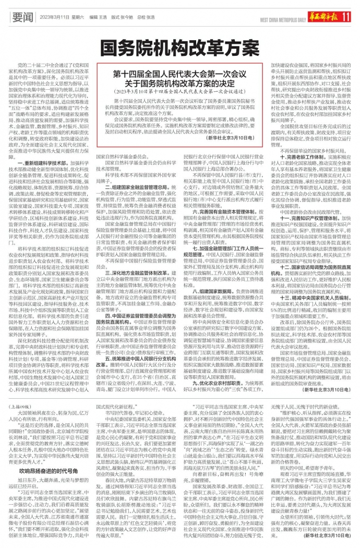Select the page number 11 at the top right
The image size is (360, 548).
pos(345,17)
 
